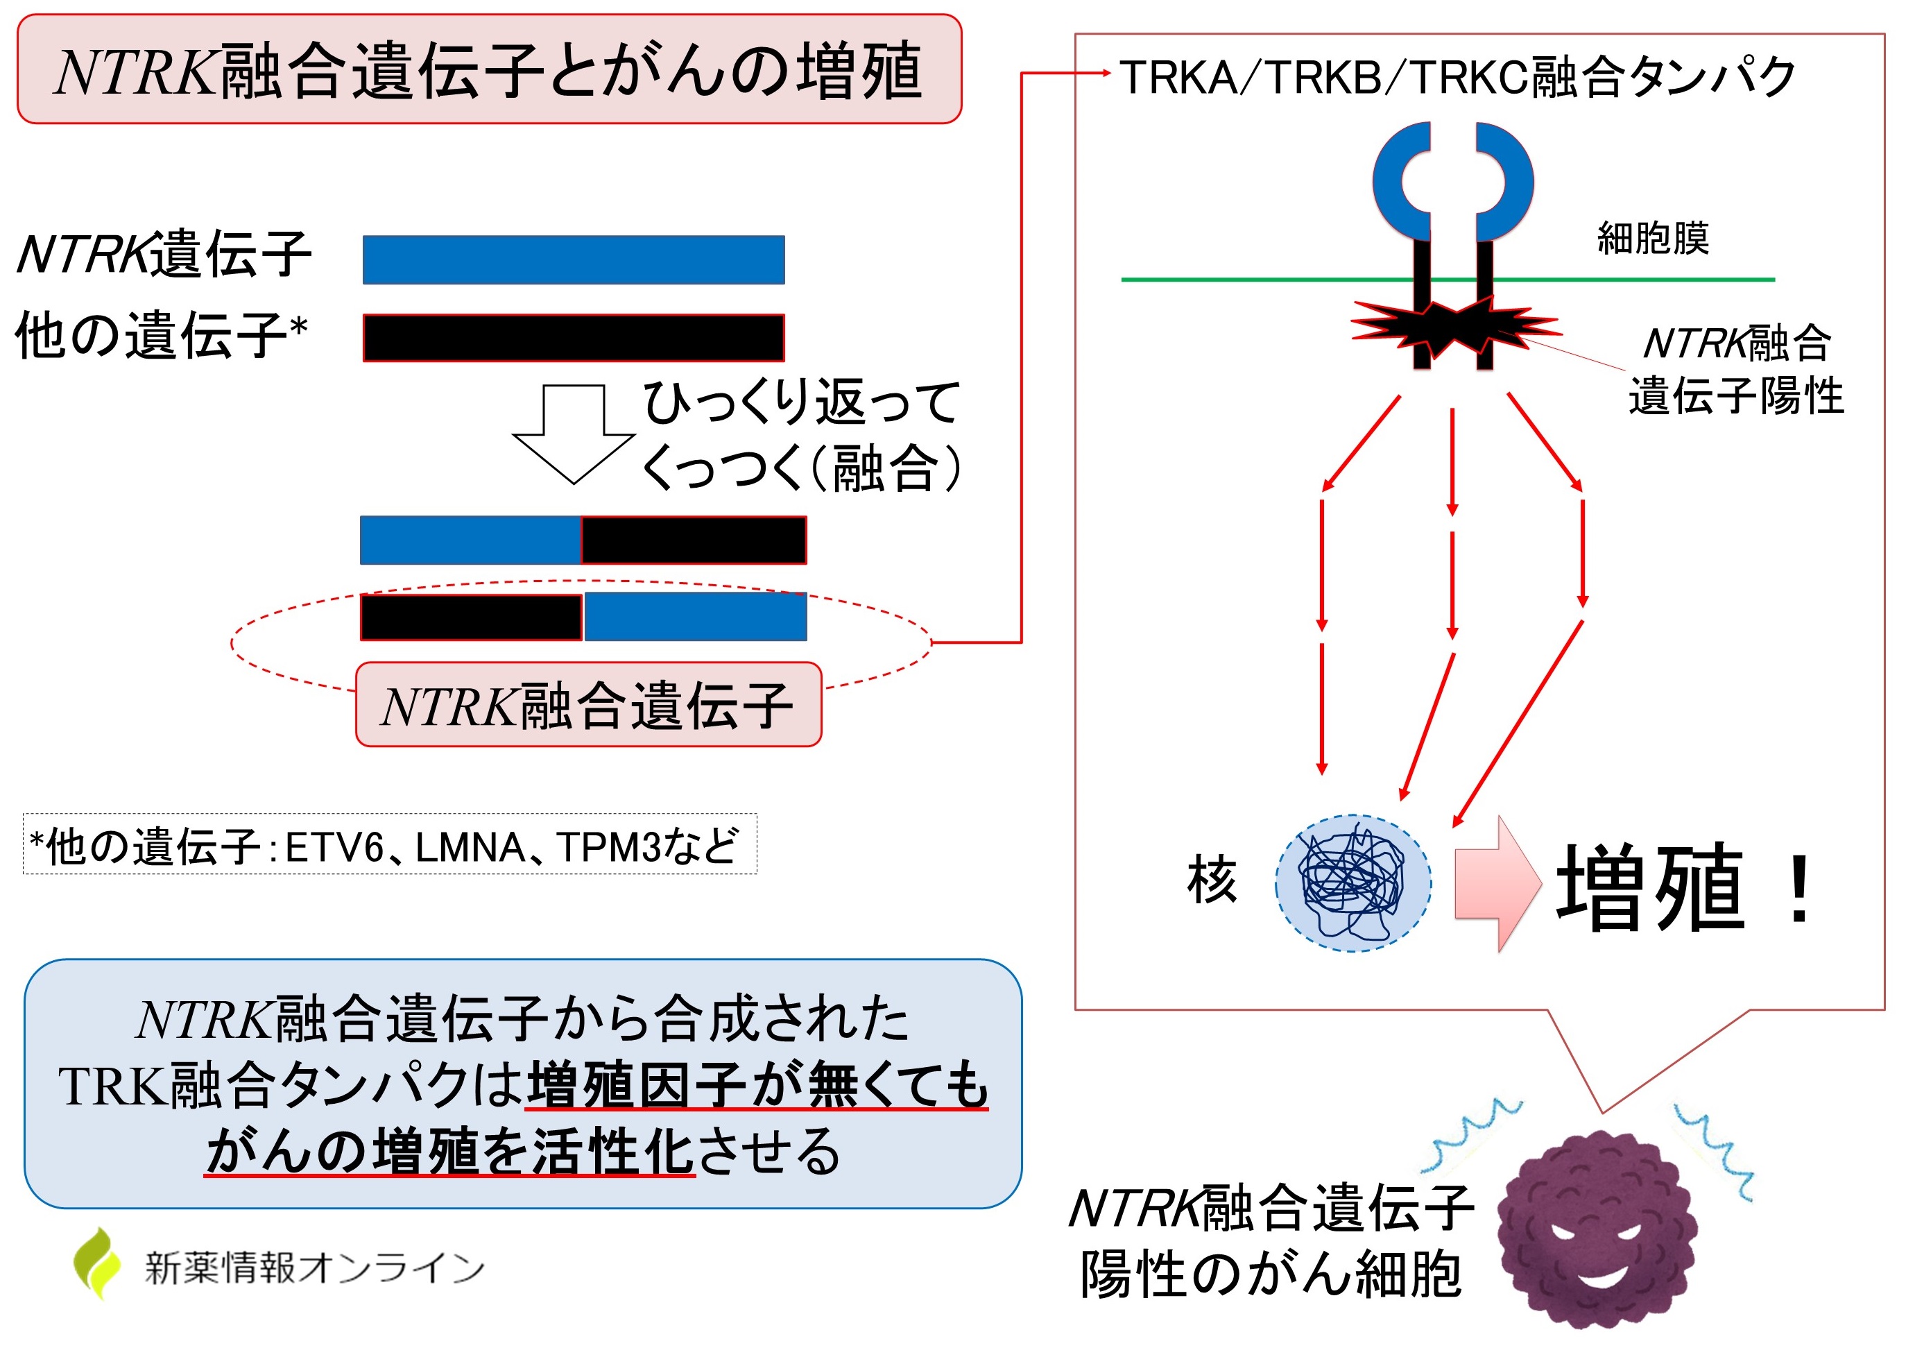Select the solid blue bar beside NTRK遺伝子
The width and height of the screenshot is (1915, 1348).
(573, 259)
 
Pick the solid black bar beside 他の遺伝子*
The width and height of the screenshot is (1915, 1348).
(573, 338)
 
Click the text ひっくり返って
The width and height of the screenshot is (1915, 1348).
(800, 402)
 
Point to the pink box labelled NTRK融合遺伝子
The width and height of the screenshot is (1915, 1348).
(588, 705)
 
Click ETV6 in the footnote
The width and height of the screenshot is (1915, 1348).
(334, 848)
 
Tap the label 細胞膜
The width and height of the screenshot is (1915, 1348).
(1652, 239)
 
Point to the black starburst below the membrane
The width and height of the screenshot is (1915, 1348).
(1454, 326)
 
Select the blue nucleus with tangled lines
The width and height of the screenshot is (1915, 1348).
(1352, 883)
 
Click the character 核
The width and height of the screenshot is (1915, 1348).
(1212, 880)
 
